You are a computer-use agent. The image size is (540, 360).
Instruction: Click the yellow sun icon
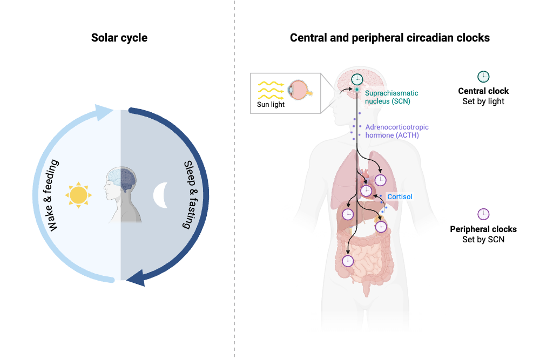click(x=78, y=195)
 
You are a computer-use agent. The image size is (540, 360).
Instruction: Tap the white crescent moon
click(x=160, y=195)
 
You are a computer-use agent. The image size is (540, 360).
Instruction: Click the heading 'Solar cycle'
click(x=119, y=38)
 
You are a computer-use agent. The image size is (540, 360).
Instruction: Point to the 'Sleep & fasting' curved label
click(x=191, y=194)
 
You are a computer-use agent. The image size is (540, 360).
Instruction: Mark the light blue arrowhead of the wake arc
click(x=103, y=112)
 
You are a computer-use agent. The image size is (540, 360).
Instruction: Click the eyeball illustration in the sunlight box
click(x=299, y=90)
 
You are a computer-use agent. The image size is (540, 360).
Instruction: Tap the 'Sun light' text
click(x=271, y=104)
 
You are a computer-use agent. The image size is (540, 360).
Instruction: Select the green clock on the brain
click(x=357, y=79)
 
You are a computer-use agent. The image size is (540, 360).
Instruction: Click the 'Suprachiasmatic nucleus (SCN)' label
click(x=391, y=97)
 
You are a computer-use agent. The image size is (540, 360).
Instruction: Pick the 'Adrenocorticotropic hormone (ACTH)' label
click(x=397, y=131)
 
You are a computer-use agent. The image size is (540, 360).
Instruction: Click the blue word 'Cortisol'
click(x=400, y=196)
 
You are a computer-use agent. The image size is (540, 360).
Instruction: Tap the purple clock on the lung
click(x=380, y=180)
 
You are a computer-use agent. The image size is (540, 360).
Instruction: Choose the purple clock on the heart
click(x=366, y=191)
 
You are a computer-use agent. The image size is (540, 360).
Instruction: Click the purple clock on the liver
click(x=348, y=214)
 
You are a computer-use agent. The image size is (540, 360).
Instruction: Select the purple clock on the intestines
click(x=348, y=261)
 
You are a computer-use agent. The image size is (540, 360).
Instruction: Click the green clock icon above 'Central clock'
click(x=483, y=77)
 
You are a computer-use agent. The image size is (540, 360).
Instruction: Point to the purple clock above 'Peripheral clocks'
click(x=483, y=214)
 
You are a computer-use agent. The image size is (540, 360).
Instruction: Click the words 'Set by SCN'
click(x=483, y=240)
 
